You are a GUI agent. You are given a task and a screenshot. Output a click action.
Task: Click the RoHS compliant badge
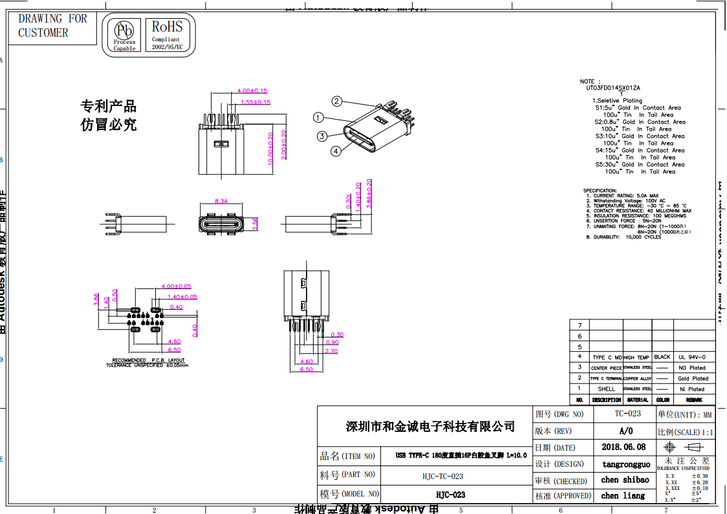[x=167, y=35]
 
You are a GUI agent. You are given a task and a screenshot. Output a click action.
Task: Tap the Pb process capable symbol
[x=124, y=35]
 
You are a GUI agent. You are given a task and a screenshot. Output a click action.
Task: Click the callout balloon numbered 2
[x=337, y=101]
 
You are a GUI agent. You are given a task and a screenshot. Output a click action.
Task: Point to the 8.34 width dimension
[x=221, y=201]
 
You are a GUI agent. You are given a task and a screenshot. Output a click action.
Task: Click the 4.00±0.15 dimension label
[x=252, y=91]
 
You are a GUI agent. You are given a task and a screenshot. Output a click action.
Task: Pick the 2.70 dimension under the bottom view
[x=331, y=351]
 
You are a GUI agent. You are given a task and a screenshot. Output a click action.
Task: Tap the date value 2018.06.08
[x=624, y=447]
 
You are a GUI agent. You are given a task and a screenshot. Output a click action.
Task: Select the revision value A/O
[x=626, y=431]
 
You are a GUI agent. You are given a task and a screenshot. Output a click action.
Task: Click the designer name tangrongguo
[x=626, y=464]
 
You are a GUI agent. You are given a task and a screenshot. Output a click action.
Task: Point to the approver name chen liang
[x=623, y=496]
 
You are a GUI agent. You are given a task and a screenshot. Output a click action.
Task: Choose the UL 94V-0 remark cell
[x=692, y=357]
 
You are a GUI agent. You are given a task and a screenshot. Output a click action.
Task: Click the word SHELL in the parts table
[x=606, y=389]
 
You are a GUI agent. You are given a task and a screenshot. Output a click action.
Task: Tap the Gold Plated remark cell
[x=693, y=378]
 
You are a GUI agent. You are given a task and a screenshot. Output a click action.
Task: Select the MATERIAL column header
[x=637, y=400]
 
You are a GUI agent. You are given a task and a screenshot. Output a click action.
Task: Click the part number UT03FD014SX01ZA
[x=613, y=87]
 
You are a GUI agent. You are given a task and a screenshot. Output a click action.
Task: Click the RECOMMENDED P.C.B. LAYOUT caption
[x=148, y=360]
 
